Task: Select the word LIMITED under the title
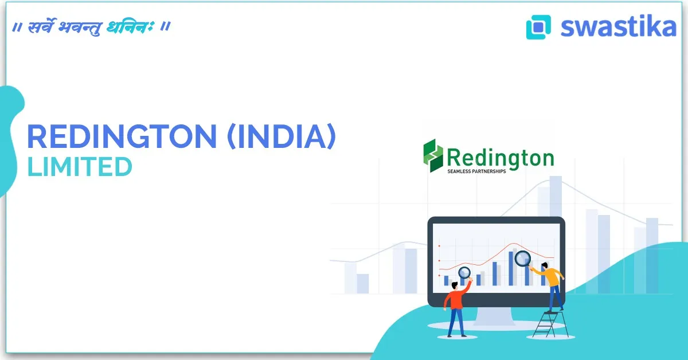(x=80, y=167)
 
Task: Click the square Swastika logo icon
(x=538, y=26)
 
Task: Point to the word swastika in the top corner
(x=618, y=26)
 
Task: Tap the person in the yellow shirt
(x=552, y=284)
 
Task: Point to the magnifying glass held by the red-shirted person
(x=464, y=273)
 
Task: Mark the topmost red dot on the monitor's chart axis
(x=439, y=246)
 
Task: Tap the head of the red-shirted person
(x=454, y=285)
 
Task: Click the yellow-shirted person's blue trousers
(x=556, y=298)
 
